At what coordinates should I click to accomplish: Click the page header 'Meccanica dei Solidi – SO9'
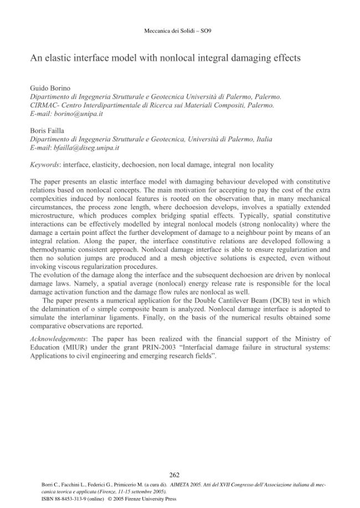pyautogui.click(x=177, y=30)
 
